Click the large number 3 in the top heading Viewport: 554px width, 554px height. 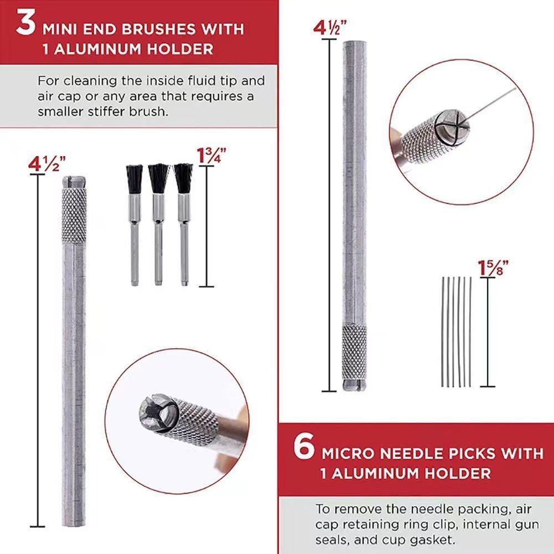(25, 23)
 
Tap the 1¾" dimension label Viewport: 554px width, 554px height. (211, 156)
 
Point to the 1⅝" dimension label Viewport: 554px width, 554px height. (493, 268)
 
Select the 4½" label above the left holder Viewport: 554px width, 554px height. (47, 164)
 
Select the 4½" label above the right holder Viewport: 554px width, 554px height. (330, 28)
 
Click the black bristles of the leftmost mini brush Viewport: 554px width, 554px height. (134, 179)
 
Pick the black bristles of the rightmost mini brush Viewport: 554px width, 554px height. (183, 178)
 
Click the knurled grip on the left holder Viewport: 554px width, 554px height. (74, 216)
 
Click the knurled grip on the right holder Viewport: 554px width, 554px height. (355, 352)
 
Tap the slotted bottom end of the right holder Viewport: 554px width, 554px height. (355, 385)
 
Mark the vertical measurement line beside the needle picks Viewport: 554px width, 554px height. (488, 332)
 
